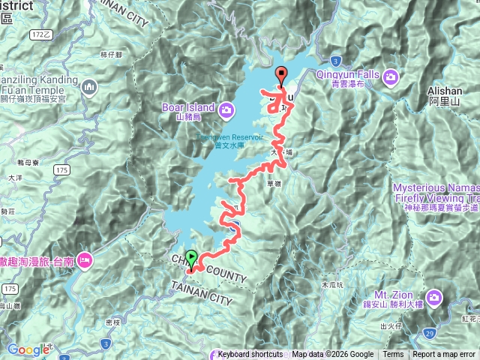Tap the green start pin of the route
[x=192, y=258]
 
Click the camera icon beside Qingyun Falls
[x=391, y=76]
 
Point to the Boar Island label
[x=188, y=107]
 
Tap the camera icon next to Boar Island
[x=226, y=111]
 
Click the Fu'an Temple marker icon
[x=90, y=88]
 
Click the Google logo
[x=28, y=349]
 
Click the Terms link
[x=393, y=355]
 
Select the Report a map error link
[x=444, y=355]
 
